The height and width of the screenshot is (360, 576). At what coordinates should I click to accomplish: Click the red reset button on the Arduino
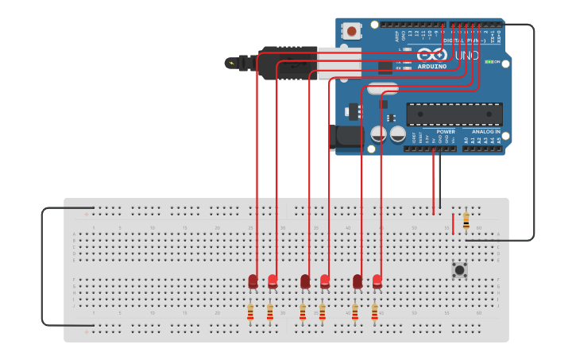[351, 31]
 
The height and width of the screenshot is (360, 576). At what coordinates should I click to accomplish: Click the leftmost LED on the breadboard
[253, 281]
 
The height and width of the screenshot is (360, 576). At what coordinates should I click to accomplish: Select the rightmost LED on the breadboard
[377, 281]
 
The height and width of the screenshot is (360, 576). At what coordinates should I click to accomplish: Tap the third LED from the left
[305, 281]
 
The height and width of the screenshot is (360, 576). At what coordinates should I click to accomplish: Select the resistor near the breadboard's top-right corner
[466, 221]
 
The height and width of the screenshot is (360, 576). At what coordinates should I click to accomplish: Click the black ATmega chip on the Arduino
[454, 114]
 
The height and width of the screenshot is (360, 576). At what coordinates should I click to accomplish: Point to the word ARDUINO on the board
[432, 67]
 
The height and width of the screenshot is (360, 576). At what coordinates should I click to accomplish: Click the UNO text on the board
[466, 56]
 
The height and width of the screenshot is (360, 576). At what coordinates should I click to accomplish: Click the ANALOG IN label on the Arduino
[486, 132]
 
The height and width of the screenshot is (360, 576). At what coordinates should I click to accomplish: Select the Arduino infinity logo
[432, 55]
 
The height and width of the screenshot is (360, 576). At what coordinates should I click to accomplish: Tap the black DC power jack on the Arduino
[347, 137]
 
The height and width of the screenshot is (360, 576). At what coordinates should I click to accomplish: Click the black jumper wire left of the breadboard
[42, 266]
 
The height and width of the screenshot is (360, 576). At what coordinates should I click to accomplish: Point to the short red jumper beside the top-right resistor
[454, 223]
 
